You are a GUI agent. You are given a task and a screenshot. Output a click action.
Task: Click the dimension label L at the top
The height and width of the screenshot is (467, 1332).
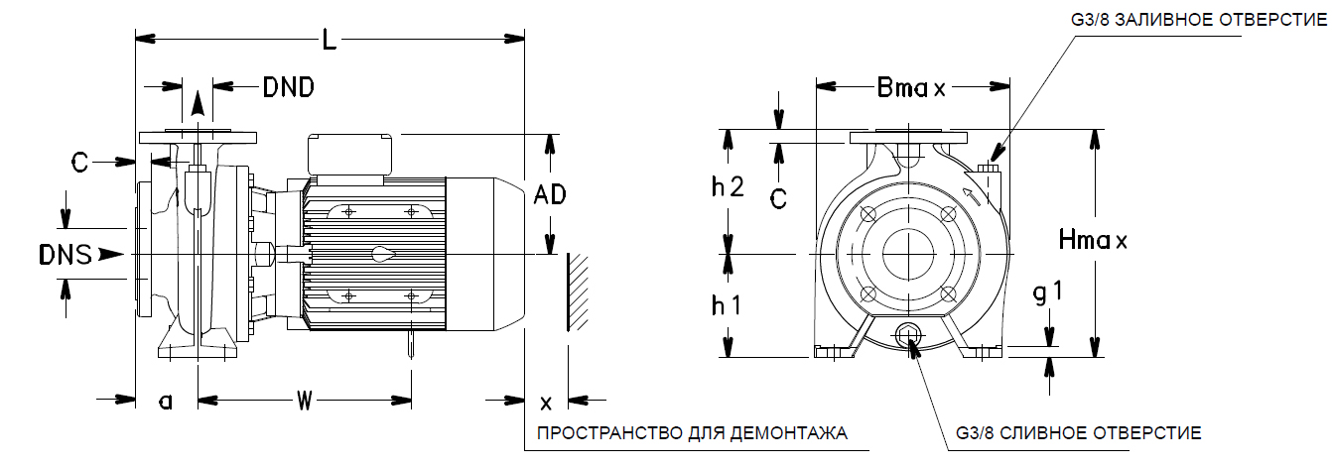329,40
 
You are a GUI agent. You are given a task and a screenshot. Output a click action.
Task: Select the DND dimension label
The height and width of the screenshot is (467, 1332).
289,87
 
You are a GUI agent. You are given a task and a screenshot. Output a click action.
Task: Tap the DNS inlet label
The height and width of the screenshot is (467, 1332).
66,255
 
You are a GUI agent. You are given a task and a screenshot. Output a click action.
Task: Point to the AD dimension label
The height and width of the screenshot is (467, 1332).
550,194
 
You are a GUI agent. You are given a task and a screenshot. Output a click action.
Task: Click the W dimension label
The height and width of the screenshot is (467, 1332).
305,402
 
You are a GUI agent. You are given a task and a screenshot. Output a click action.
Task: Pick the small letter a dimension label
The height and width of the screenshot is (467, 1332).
166,403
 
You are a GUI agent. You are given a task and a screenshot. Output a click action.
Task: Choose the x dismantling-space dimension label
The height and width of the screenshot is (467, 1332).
546,404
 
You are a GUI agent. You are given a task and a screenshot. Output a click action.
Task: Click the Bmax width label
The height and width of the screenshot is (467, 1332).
911,88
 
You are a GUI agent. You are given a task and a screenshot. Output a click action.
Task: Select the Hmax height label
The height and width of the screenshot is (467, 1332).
1093,240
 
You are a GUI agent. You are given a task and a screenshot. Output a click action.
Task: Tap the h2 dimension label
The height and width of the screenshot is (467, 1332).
728,186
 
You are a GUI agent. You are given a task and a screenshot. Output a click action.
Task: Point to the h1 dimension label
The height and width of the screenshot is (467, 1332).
727,305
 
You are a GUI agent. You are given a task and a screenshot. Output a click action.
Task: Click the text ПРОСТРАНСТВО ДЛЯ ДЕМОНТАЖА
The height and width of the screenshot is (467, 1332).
692,433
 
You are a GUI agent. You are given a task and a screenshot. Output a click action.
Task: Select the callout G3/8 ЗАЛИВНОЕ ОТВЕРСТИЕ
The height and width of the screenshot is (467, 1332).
1199,20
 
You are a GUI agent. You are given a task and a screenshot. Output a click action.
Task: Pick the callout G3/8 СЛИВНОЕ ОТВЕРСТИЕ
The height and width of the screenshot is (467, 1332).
1079,433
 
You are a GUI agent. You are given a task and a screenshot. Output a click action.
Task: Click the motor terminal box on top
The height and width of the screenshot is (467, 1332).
349,155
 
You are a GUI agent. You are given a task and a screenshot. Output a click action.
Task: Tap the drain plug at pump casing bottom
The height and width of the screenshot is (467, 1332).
908,337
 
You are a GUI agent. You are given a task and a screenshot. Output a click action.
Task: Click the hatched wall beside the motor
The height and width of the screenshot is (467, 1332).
577,292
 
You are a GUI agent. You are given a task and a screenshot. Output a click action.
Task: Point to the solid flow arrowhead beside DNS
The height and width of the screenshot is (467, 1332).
110,255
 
